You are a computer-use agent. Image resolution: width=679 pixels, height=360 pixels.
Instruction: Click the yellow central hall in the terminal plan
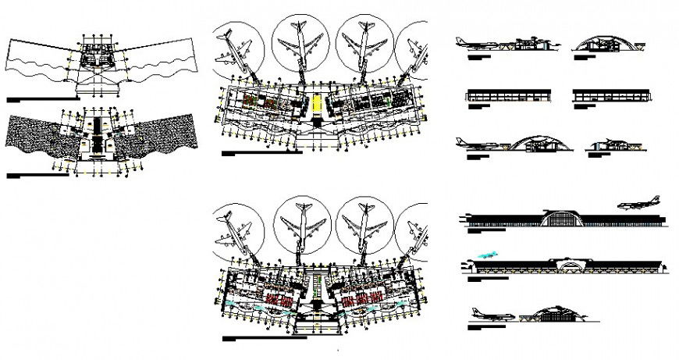click(318, 104)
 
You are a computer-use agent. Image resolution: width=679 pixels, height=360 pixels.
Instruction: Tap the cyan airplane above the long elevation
click(486, 254)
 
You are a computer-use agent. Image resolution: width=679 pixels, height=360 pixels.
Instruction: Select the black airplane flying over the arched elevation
click(638, 204)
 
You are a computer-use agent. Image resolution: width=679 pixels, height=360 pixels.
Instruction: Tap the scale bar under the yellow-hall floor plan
click(261, 153)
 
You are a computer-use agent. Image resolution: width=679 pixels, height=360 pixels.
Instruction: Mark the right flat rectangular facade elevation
click(610, 94)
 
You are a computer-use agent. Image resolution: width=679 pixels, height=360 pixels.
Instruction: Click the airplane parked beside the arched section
click(480, 144)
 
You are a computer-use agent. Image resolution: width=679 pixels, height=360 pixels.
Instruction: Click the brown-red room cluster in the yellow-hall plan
click(254, 102)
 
